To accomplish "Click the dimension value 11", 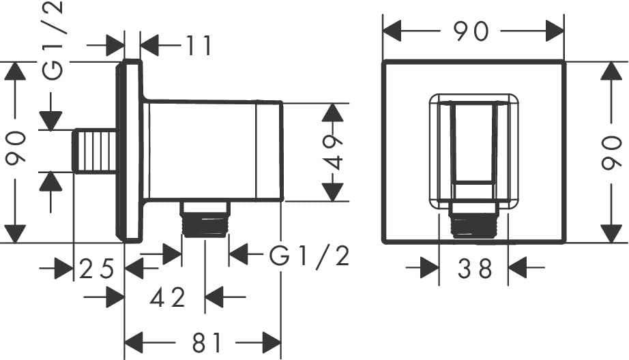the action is (198, 45).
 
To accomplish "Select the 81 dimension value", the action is (206, 343).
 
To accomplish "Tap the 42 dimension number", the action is (168, 297).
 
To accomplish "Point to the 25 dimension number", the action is (97, 269).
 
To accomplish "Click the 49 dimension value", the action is (333, 152).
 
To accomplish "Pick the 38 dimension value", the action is (475, 268).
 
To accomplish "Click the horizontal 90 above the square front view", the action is (471, 31).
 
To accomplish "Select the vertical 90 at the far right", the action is (612, 153).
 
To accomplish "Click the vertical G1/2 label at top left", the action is (53, 40).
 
